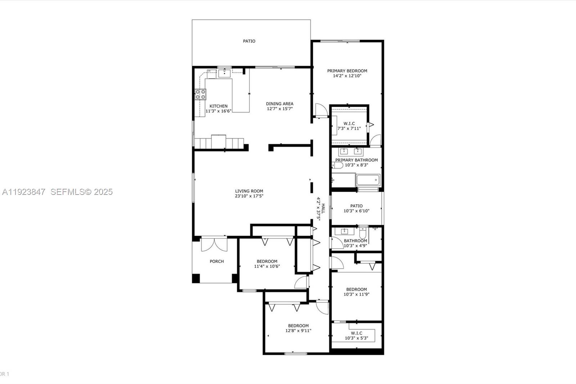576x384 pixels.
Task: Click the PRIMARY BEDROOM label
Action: coord(347,71)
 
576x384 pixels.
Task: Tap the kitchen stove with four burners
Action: coord(201,94)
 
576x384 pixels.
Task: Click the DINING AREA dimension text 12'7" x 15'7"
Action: coord(280,109)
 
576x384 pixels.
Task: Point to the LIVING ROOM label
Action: coord(249,191)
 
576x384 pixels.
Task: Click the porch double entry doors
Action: coord(214,245)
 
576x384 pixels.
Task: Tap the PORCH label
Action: coord(217,262)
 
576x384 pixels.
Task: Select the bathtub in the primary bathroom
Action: coord(368,180)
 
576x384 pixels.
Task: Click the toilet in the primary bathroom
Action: coord(337,165)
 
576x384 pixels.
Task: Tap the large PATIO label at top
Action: coord(249,41)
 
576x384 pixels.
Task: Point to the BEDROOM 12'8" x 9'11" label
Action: coord(298,326)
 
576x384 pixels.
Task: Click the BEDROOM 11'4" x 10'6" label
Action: coord(267,262)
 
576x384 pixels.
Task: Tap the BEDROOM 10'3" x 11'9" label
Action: coord(356,289)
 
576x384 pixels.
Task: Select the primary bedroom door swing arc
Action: coord(320,109)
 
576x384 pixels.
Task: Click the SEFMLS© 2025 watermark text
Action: coord(81,192)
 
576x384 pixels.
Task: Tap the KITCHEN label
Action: coord(219,106)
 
